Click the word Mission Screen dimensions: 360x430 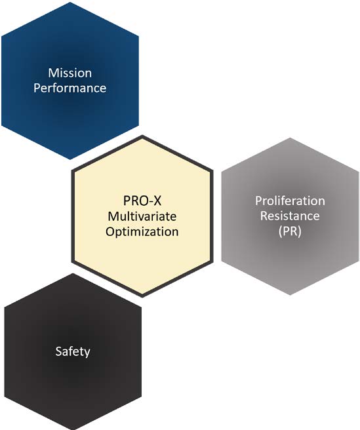pos(70,73)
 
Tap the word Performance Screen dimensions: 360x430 pos(70,88)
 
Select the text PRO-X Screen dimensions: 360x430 pos(142,201)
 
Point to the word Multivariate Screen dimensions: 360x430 pos(142,216)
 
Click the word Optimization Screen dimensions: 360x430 pos(142,232)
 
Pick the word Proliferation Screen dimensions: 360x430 pos(290,201)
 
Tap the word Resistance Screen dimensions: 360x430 pos(290,216)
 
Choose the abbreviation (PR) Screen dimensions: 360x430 pos(290,231)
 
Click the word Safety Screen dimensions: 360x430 pos(73,351)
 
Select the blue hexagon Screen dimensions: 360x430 pos(70,81)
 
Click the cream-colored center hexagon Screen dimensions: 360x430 pos(142,216)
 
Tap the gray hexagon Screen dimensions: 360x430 pos(290,216)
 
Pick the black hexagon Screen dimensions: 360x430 pos(73,351)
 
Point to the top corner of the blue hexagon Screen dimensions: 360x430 pos(70,2)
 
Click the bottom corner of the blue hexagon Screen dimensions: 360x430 pos(70,159)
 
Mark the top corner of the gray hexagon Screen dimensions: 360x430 pos(290,138)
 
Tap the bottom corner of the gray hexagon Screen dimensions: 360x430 pos(290,295)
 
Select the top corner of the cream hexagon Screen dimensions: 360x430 pos(142,135)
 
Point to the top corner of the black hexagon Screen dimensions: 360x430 pos(73,273)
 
